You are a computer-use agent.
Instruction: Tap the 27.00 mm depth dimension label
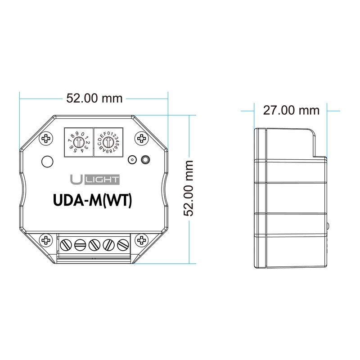(x=291, y=110)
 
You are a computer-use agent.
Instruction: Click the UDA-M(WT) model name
(x=92, y=201)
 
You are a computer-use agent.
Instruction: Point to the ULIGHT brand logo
(x=94, y=180)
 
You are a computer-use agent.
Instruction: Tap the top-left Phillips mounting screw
(x=45, y=139)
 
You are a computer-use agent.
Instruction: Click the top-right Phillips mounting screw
(x=142, y=138)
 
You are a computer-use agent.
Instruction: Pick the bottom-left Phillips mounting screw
(x=45, y=240)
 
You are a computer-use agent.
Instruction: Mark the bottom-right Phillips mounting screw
(x=142, y=240)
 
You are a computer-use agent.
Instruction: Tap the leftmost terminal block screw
(x=67, y=245)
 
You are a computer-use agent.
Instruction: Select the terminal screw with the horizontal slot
(x=80, y=245)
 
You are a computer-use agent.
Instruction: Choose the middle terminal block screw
(x=94, y=245)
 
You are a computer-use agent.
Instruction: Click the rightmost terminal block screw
(x=122, y=245)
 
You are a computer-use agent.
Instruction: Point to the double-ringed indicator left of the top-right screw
(x=145, y=160)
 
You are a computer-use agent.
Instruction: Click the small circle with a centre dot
(x=132, y=160)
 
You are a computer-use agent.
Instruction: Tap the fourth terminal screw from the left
(x=108, y=245)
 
